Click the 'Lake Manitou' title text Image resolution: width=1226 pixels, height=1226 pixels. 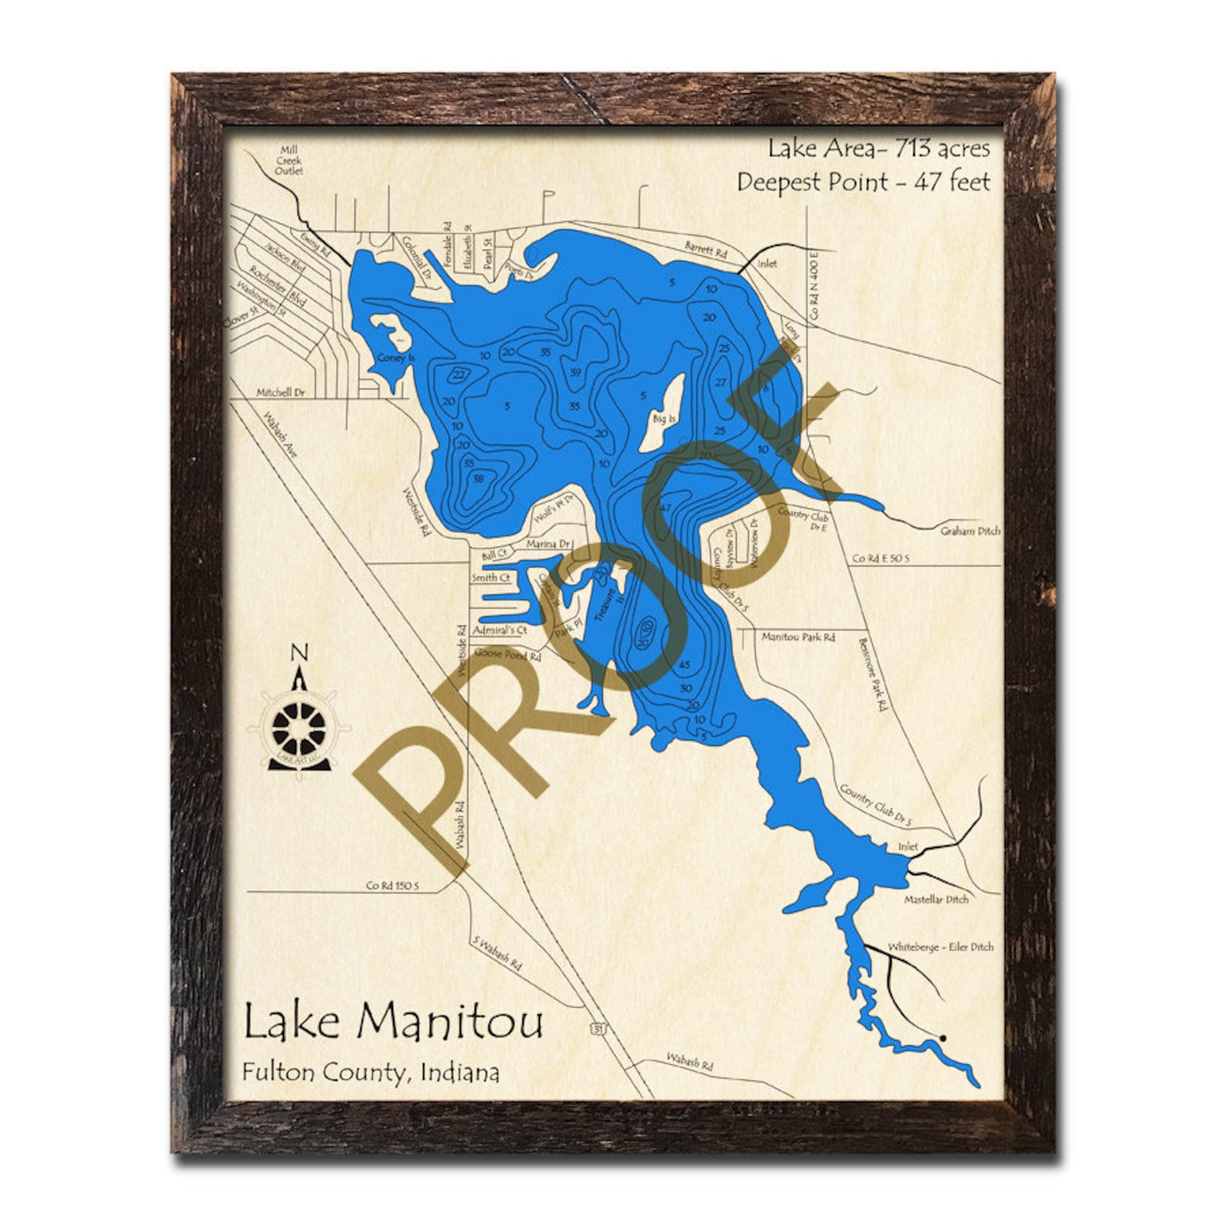coord(393,1021)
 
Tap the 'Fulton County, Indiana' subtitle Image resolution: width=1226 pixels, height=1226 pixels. coord(370,1072)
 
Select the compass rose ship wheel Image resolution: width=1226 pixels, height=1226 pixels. coord(299,726)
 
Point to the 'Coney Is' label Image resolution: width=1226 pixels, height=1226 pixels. coord(396,357)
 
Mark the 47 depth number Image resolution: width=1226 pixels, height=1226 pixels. coord(666,508)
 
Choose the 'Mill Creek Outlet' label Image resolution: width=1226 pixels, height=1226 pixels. coord(289,160)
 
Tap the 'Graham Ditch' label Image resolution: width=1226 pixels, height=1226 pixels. coord(970,531)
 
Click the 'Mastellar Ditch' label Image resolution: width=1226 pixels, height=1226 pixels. coord(936,899)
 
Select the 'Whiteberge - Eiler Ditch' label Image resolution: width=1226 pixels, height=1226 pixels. coord(940,947)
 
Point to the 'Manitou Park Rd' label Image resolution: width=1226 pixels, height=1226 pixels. coord(798,638)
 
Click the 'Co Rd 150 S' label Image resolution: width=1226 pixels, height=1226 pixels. coord(391,886)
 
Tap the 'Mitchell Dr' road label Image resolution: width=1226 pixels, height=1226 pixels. coord(280,393)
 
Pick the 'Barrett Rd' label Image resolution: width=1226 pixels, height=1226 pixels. coord(706,249)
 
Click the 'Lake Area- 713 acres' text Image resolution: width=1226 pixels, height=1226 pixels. coord(878,148)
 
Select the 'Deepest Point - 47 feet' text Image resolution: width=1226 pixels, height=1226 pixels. coord(862,182)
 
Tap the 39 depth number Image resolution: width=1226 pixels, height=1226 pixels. coord(574,372)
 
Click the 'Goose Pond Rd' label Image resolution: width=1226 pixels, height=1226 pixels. coord(507,655)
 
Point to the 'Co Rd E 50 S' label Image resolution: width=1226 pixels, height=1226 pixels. coord(882,558)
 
